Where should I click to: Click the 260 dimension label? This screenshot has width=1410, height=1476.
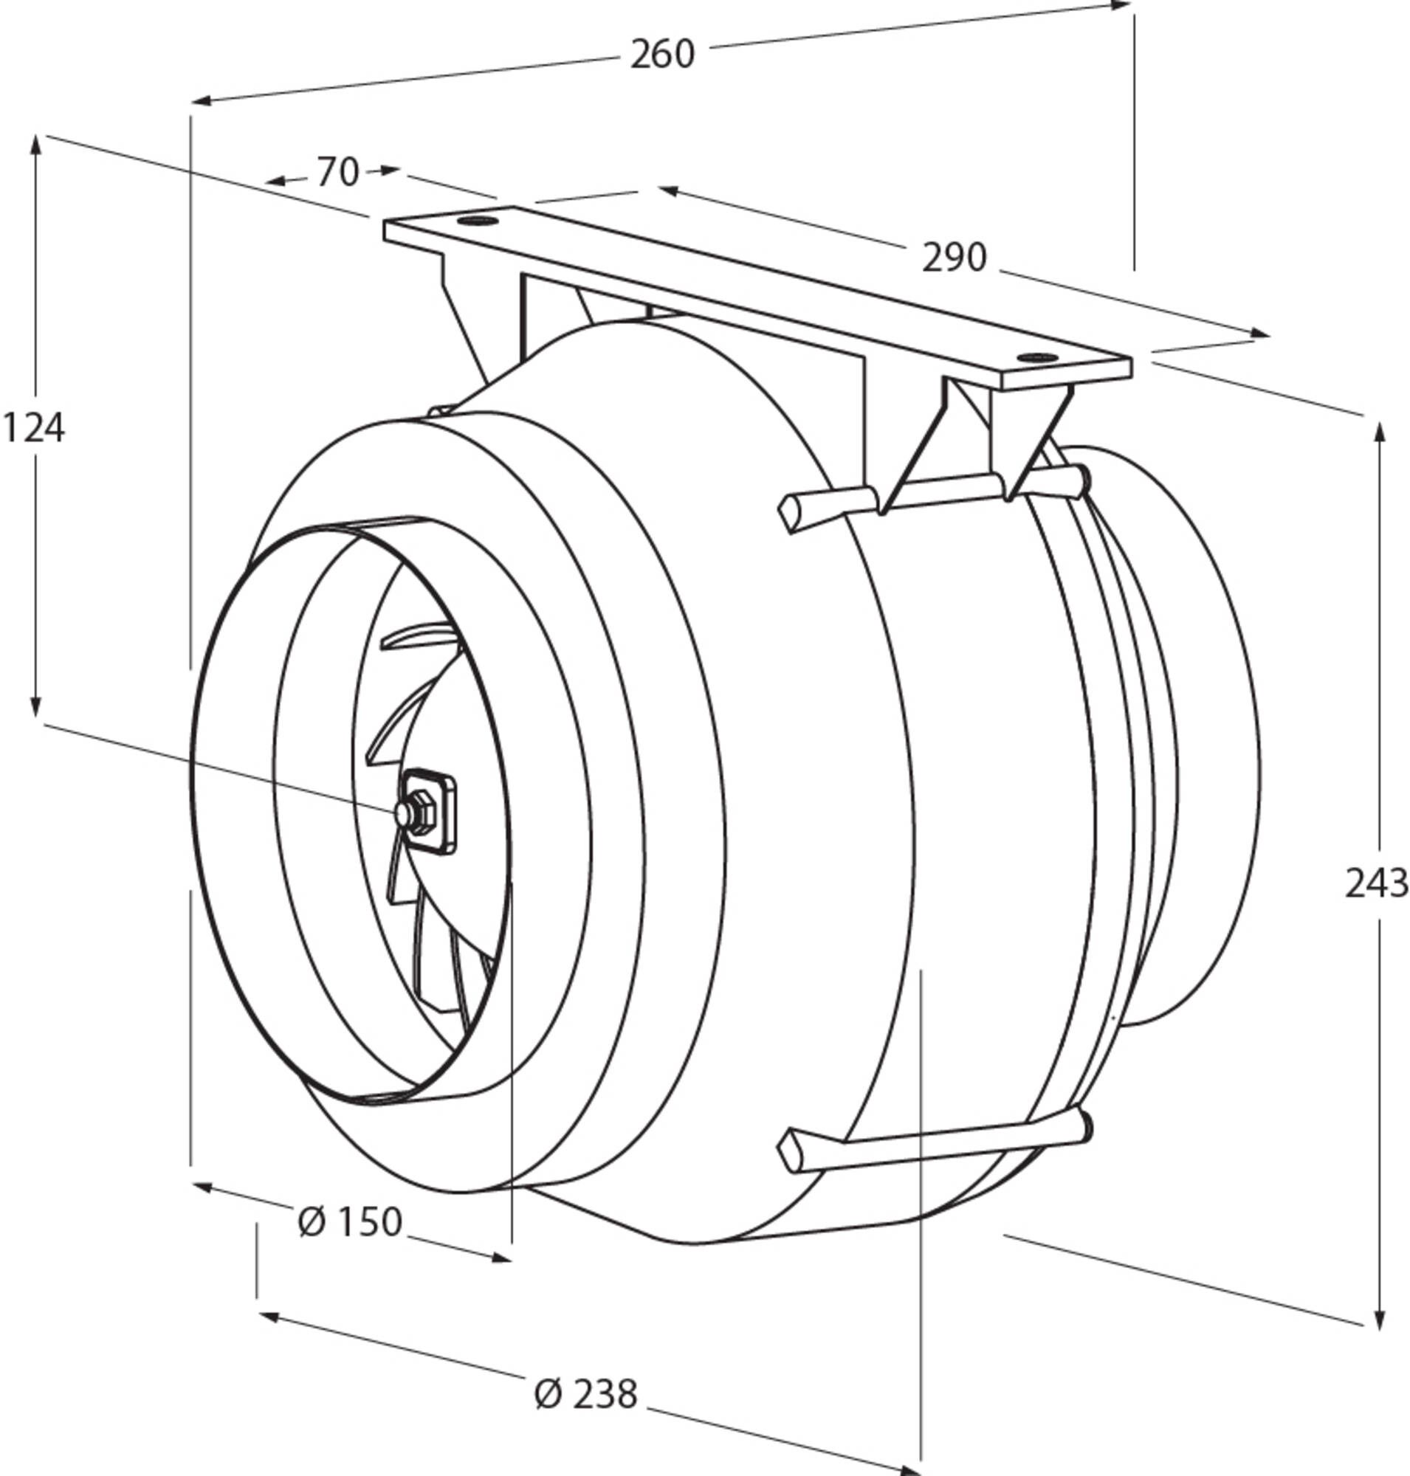pyautogui.click(x=662, y=54)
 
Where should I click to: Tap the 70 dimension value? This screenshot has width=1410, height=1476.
pyautogui.click(x=337, y=172)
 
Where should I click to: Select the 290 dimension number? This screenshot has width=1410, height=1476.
pyautogui.click(x=954, y=258)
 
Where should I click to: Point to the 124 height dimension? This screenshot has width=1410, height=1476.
pyautogui.click(x=34, y=429)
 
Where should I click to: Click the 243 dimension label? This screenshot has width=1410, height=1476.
pyautogui.click(x=1376, y=883)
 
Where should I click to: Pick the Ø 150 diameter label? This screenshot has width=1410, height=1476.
pyautogui.click(x=350, y=1221)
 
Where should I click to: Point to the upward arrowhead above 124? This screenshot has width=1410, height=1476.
pyautogui.click(x=35, y=148)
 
